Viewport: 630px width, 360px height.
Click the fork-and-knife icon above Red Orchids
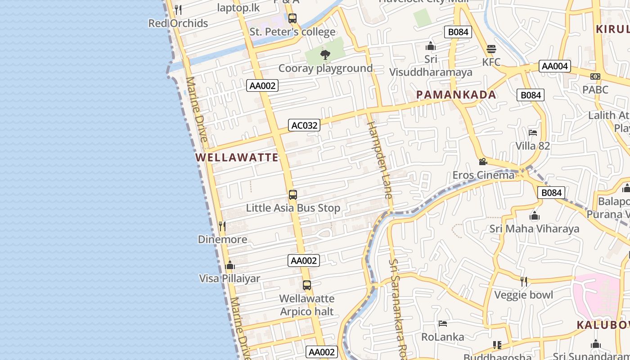click(x=178, y=9)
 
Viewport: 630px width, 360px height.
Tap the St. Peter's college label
click(x=292, y=32)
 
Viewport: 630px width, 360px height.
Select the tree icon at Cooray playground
click(x=325, y=55)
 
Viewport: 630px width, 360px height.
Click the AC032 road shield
click(x=305, y=125)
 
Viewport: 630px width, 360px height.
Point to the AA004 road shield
click(x=555, y=66)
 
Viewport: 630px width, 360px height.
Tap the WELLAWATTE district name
click(x=237, y=157)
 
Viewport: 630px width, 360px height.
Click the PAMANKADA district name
click(x=456, y=94)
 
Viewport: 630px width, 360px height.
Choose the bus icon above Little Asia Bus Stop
click(x=293, y=195)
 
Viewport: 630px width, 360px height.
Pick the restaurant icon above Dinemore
click(x=222, y=226)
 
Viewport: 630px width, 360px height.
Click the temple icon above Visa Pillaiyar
click(x=230, y=265)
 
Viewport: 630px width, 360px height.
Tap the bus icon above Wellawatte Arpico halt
click(x=307, y=285)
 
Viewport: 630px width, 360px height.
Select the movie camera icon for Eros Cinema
click(x=483, y=162)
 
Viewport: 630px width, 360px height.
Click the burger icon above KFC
click(x=491, y=49)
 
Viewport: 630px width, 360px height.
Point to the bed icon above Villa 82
click(x=533, y=133)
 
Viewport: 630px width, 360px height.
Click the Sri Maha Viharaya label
click(x=534, y=229)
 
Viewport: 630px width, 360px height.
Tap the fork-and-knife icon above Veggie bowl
click(x=524, y=282)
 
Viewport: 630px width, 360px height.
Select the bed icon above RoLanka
click(x=443, y=324)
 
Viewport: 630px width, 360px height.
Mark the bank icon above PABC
click(x=595, y=76)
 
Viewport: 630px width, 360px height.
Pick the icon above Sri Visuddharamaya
click(x=431, y=46)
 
